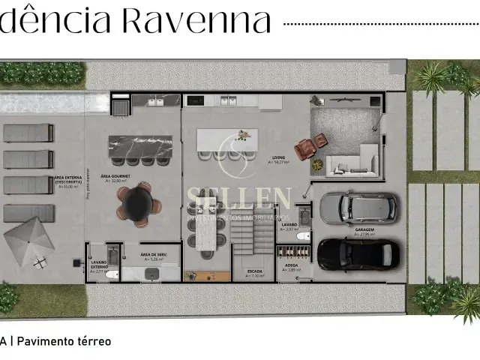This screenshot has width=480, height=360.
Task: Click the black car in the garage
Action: pyautogui.click(x=357, y=253)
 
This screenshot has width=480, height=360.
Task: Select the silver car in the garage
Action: pyautogui.click(x=357, y=208)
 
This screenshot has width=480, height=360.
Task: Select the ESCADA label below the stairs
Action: pyautogui.click(x=256, y=272)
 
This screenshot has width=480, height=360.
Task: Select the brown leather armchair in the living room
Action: pyautogui.click(x=305, y=150)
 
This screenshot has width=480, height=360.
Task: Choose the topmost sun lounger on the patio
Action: pyautogui.click(x=28, y=133)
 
